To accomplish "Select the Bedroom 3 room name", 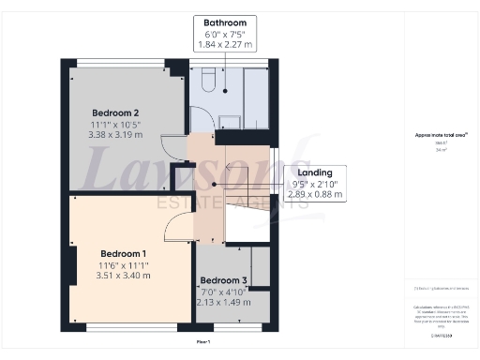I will (225, 280).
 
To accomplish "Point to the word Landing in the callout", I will (314, 173).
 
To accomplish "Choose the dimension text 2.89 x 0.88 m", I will (314, 196).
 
